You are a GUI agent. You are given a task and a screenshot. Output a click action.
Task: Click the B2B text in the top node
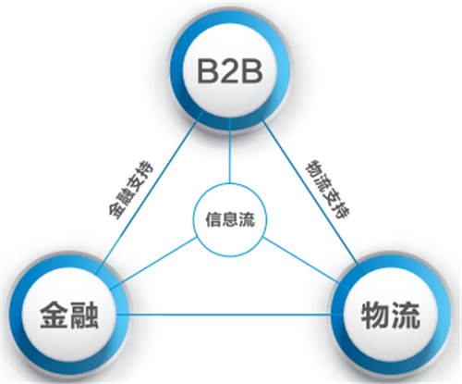pos(230,71)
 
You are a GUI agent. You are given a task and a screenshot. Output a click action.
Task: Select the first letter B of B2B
pos(207,71)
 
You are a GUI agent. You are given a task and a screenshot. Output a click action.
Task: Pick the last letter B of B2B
pos(252,71)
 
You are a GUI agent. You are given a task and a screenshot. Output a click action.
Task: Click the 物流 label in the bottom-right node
pos(391,316)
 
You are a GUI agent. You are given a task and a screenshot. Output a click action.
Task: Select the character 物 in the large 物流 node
pos(375,316)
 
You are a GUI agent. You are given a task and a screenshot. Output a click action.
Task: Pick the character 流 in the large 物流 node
pos(406,316)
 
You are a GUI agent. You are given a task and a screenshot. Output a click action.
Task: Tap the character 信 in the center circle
pos(213,219)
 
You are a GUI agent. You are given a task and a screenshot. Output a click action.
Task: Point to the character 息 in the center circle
pos(230,219)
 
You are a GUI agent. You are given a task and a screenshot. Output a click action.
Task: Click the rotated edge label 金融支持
pos(130,191)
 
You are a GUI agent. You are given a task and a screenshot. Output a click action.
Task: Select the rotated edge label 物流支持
pos(327,189)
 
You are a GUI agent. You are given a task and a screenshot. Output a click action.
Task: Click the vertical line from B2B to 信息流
pos(230,151)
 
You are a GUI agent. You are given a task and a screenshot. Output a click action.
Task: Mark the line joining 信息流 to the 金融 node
pos(154,264)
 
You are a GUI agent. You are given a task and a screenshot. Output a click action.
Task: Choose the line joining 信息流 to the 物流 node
pos(305,262)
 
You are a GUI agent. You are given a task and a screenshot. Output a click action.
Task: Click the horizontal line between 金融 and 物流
pos(230,315)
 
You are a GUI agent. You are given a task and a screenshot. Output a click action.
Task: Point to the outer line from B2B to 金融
pos(150,192)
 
